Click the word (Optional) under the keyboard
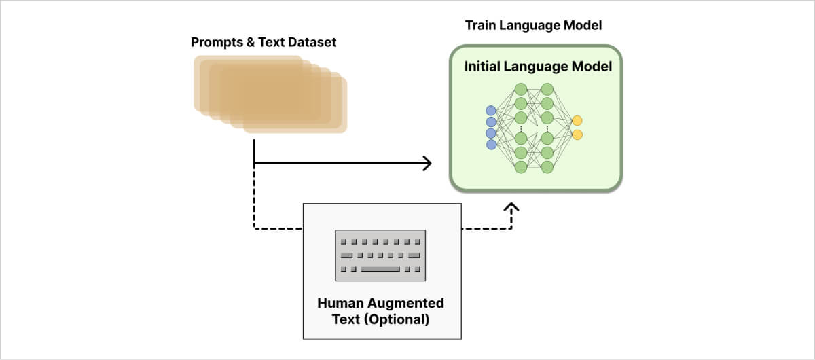(397, 318)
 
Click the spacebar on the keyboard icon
(380, 270)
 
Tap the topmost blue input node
(491, 111)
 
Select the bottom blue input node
(491, 144)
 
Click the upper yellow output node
(577, 121)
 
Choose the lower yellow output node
(577, 134)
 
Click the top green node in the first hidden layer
(521, 89)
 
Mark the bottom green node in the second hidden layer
(547, 166)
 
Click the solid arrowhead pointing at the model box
(428, 163)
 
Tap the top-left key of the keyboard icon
(343, 241)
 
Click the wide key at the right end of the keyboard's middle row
(414, 255)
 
